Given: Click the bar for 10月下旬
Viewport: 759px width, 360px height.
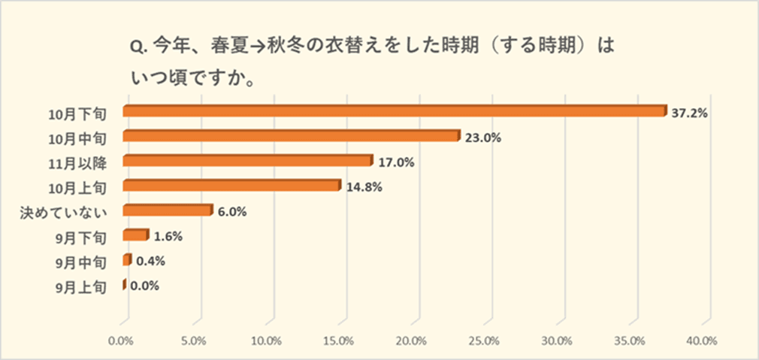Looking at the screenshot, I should (395, 111).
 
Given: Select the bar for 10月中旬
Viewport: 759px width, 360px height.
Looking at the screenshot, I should (290, 136).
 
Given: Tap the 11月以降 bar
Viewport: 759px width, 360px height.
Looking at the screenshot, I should (247, 161).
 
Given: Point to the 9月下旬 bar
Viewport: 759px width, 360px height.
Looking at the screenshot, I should (135, 236).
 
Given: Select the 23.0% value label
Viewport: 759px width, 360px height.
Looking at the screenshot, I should (483, 138).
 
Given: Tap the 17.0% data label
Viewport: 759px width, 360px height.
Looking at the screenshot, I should (397, 162).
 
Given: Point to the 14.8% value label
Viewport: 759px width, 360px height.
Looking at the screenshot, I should (364, 187).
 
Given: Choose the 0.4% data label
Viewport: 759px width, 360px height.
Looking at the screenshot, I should (150, 262).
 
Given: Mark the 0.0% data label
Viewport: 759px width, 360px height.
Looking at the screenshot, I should (144, 286).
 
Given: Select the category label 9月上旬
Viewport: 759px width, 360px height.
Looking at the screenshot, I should (81, 287).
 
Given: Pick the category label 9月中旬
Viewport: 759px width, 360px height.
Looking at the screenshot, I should (81, 262).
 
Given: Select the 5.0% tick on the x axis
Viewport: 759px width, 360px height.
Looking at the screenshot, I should (195, 340).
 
